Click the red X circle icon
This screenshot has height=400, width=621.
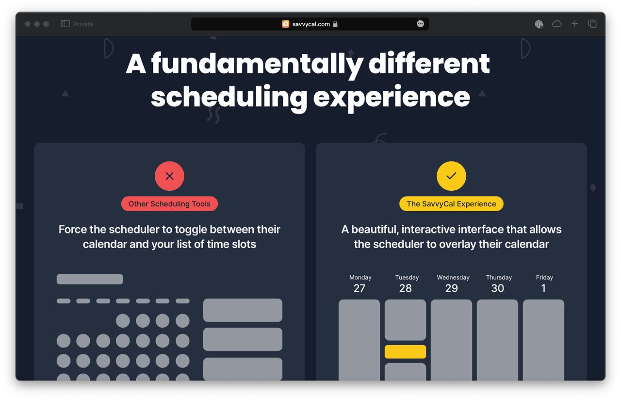pos(169,176)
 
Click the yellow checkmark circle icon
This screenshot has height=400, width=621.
pos(451,176)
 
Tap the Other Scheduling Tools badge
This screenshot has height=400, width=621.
pos(169,204)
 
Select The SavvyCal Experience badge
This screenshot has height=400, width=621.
pos(451,204)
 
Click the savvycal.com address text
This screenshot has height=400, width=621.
pos(311,24)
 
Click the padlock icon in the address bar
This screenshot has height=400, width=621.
pos(335,24)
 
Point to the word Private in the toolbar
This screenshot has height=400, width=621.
pos(83,24)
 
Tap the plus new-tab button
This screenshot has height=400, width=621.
pos(575,24)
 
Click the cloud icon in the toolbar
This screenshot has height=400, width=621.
pos(556,24)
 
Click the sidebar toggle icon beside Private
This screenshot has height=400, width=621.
pos(65,24)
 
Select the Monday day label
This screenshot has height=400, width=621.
pos(360,277)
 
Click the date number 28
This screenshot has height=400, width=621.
pos(405,288)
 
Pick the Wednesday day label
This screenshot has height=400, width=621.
pos(453,277)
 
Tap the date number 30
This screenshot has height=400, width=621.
pos(498,288)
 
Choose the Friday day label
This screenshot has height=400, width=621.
pos(544,277)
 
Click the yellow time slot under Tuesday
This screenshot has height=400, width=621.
pos(405,352)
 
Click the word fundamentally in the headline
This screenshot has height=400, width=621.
pos(257,65)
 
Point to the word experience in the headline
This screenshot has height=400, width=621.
pos(392,98)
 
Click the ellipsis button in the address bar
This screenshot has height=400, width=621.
pos(420,24)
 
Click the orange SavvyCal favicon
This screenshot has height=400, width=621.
pos(286,24)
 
